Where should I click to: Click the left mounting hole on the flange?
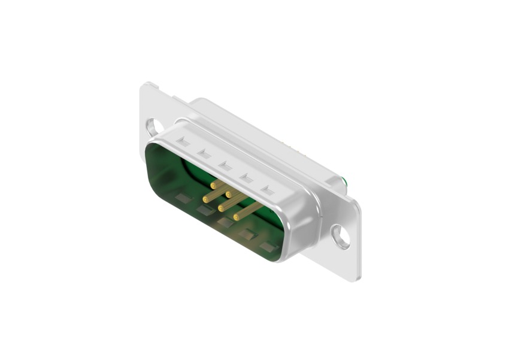153,127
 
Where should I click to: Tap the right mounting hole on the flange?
341,237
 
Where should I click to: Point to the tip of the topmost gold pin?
213,185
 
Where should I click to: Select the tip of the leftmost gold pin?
205,198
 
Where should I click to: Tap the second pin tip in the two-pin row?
229,195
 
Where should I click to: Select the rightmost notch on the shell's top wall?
268,191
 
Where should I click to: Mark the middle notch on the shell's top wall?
225,165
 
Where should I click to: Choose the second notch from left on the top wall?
204,153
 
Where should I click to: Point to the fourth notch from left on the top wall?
247,178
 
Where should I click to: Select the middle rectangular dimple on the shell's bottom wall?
225,222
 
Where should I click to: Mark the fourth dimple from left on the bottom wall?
247,235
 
